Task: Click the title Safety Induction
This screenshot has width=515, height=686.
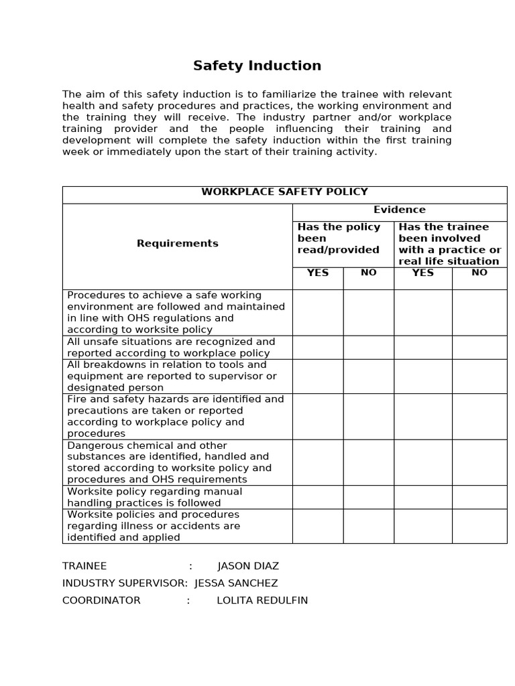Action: pos(257,66)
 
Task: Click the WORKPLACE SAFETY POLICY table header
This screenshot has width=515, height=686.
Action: pos(284,192)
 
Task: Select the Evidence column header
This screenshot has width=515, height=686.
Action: pos(399,210)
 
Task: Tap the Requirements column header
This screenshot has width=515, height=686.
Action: pos(177,243)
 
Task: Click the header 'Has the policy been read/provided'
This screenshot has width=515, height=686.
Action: pos(339,238)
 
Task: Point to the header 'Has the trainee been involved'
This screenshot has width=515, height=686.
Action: pos(449,243)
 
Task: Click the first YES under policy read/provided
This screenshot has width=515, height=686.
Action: pos(317,273)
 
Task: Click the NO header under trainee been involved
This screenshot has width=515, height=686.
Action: pos(479,273)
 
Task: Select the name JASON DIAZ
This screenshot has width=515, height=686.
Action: pos(248,566)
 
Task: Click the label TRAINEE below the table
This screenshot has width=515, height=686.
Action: pos(84,566)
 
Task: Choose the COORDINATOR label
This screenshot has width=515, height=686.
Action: pos(101,600)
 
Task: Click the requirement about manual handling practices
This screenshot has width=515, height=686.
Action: pos(154,497)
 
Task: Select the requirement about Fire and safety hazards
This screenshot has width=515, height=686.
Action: pos(175,416)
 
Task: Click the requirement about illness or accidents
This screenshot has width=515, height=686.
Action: pos(154,526)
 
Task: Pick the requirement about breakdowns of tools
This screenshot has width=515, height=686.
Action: pos(172,376)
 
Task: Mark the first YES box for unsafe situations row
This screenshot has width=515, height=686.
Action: pos(318,347)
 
